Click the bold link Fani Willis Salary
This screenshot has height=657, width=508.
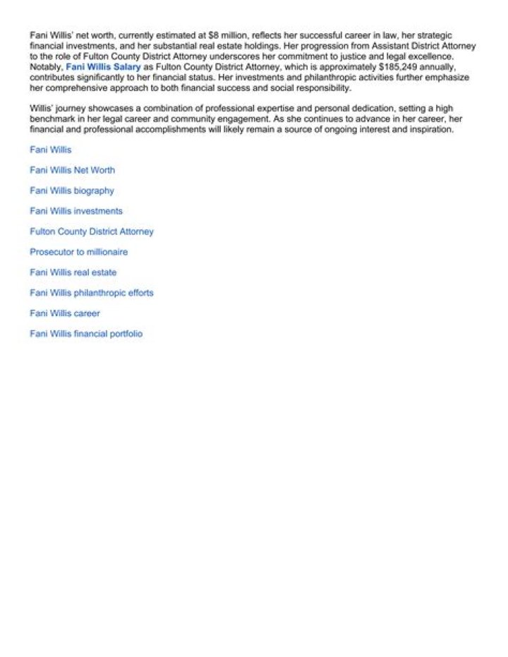click(104, 67)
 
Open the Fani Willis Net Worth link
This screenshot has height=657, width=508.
click(72, 170)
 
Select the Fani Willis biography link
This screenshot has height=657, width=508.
click(72, 191)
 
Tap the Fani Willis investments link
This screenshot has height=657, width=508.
click(76, 211)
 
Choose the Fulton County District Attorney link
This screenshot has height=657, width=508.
click(92, 231)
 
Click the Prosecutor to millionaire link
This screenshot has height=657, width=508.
click(79, 252)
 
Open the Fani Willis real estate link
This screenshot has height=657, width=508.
click(73, 272)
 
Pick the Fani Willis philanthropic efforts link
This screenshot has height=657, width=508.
click(92, 293)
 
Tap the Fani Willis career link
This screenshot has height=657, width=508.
click(65, 313)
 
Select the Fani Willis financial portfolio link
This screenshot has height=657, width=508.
click(86, 334)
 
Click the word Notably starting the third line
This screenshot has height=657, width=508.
click(46, 67)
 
